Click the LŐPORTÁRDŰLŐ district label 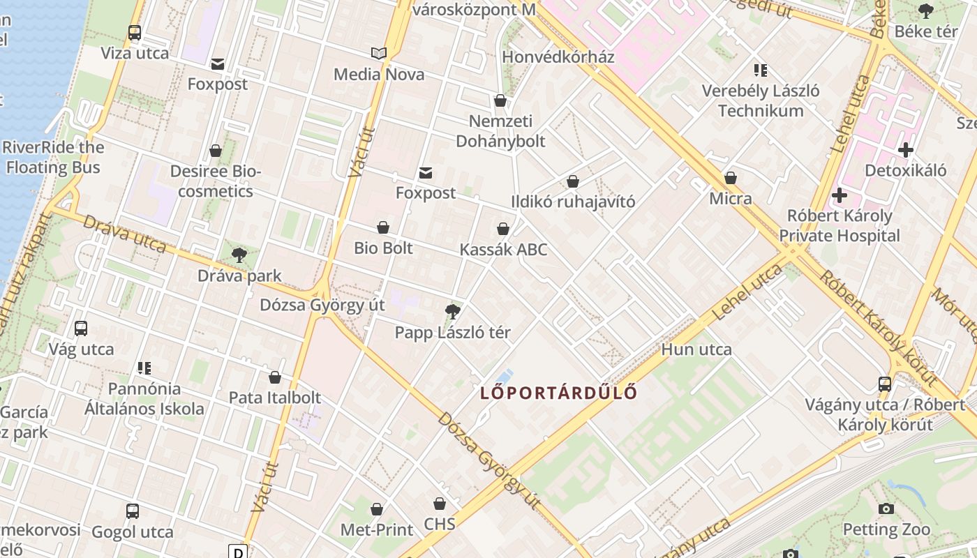tap(558, 393)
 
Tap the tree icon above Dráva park tap(239, 255)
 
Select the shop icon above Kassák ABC tap(503, 229)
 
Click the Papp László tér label tap(452, 333)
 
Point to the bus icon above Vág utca tap(81, 328)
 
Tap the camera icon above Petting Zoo tap(886, 508)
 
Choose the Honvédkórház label tap(558, 56)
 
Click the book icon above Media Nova tap(379, 54)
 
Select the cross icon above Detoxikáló tap(906, 150)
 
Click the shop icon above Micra tap(731, 178)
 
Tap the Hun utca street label tap(696, 349)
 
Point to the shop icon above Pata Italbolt tap(275, 377)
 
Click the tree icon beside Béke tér tap(926, 11)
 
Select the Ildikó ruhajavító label tap(573, 202)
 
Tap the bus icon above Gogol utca tap(133, 511)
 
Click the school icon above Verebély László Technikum tap(761, 70)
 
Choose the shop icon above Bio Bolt tap(383, 227)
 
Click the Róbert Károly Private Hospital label tap(839, 225)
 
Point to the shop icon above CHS tap(440, 504)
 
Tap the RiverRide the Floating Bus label tap(53, 157)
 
